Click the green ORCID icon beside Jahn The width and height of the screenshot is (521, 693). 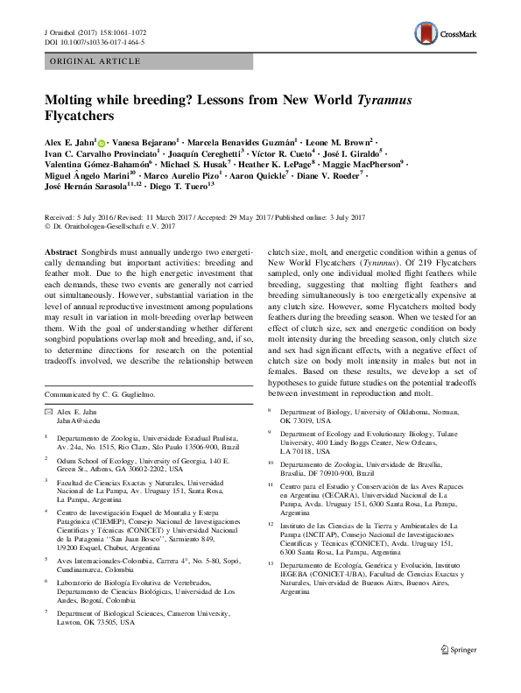[x=102, y=141]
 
